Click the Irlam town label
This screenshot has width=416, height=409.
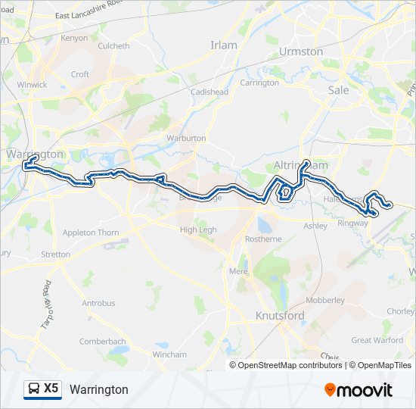click(x=223, y=45)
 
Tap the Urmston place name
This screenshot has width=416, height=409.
click(x=301, y=52)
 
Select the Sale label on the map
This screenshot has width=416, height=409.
click(x=339, y=89)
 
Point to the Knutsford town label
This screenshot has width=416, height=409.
click(x=280, y=316)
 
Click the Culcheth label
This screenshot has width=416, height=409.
click(x=114, y=45)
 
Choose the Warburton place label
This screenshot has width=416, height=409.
click(x=186, y=139)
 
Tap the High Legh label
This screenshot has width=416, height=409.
click(x=197, y=229)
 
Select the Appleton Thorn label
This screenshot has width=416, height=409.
click(x=91, y=233)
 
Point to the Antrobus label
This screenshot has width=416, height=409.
click(x=98, y=303)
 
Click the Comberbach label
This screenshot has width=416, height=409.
click(x=102, y=342)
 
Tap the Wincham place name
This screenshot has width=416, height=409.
click(x=169, y=354)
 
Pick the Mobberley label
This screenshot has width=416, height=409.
click(x=325, y=300)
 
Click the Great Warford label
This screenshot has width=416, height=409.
click(x=377, y=340)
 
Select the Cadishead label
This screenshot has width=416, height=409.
click(x=210, y=92)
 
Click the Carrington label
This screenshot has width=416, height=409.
click(x=259, y=83)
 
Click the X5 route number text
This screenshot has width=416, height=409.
click(x=51, y=389)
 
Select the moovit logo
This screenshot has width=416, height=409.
click(x=359, y=390)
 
